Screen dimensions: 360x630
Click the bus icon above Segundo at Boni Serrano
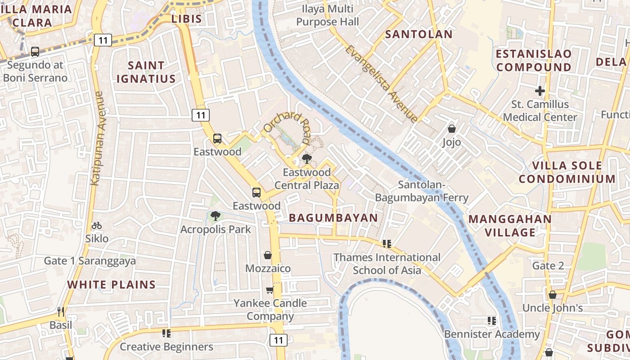coord(35,52)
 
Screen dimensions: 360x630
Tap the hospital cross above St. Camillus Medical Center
coord(540,91)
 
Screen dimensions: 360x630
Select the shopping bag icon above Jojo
coord(451,129)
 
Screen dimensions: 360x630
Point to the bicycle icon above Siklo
coord(97,225)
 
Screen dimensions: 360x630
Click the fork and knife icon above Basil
coord(61,311)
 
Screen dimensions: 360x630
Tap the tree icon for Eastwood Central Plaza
coord(306,158)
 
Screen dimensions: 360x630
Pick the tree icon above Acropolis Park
coord(216,216)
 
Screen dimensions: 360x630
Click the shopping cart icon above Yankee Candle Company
coord(270,290)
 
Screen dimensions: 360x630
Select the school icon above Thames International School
coord(387,244)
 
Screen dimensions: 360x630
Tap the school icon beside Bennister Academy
coord(491,321)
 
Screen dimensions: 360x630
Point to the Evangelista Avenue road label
coord(382,84)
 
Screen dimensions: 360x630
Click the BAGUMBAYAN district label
coord(333,218)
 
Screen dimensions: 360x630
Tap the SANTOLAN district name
coord(418,34)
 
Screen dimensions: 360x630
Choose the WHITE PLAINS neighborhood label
coord(111,284)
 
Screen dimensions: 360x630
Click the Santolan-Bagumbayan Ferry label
coord(422,191)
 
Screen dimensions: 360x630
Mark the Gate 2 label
coord(548,265)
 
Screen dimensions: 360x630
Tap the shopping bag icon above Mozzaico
coord(268,256)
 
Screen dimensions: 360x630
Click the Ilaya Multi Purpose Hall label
coord(328,15)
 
